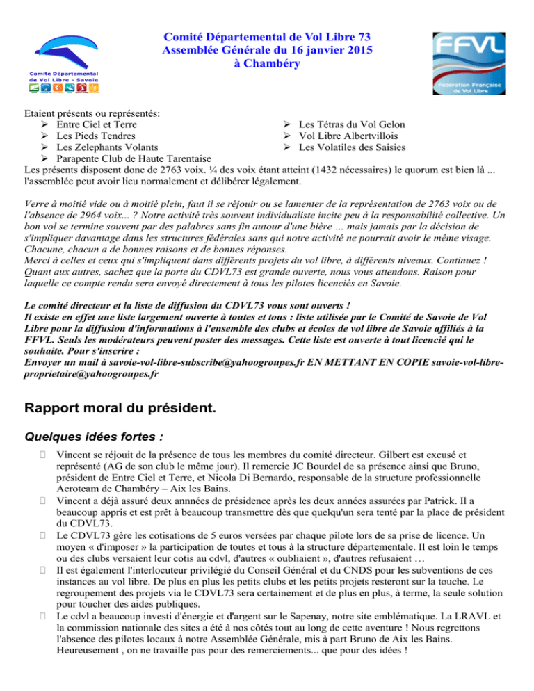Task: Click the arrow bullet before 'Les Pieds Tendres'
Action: pyautogui.click(x=46, y=136)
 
